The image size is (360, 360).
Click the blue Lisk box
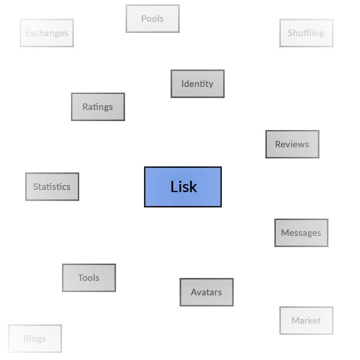tap(183, 187)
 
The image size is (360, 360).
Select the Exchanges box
tap(47, 33)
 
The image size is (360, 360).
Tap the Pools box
tap(153, 18)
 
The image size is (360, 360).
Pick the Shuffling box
tap(306, 33)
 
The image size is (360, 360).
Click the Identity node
tap(198, 84)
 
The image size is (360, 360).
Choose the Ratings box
tap(98, 107)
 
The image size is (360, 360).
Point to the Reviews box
tap(292, 144)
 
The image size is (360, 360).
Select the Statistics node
tap(52, 187)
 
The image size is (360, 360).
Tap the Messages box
tap(301, 233)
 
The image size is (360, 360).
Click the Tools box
tap(89, 278)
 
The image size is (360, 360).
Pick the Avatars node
tap(207, 292)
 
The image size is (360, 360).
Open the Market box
tap(306, 321)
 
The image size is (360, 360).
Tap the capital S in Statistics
tap(36, 187)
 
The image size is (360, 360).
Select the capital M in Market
tap(295, 321)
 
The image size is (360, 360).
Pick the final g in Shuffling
tap(321, 34)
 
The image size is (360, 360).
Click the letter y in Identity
tap(211, 85)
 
